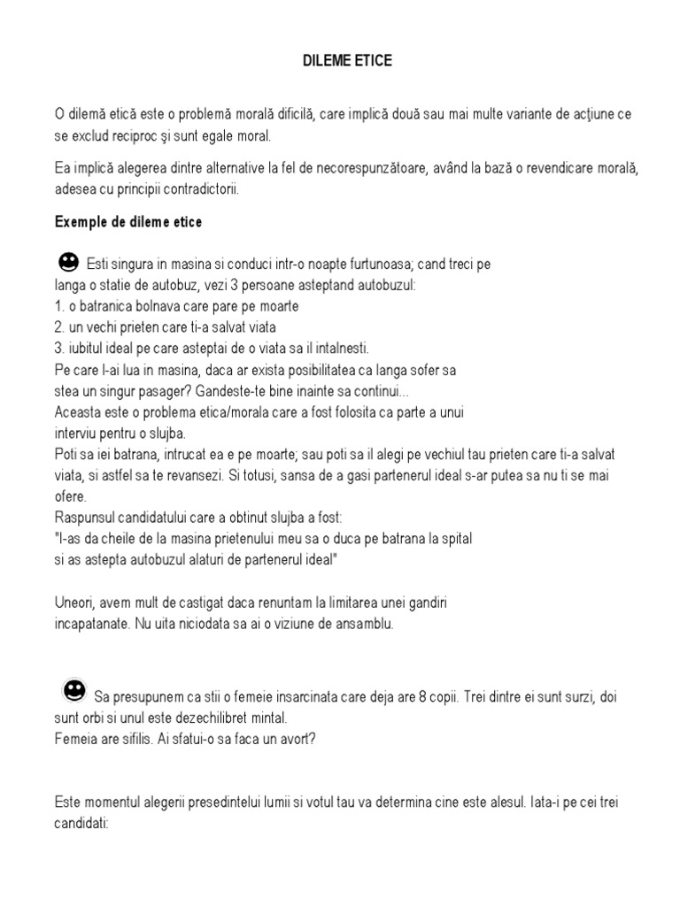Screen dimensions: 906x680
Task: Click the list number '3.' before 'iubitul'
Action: (60, 348)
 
